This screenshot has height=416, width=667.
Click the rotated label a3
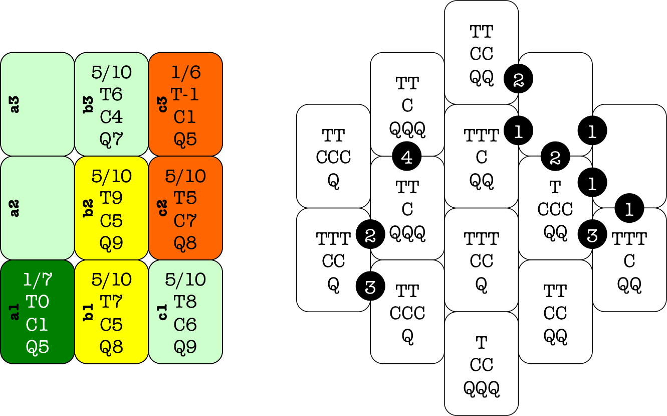(15, 104)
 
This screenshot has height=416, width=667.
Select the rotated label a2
(15, 208)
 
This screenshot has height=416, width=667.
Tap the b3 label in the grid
(89, 104)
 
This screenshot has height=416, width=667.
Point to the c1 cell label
(163, 312)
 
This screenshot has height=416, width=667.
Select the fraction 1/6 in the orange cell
(186, 73)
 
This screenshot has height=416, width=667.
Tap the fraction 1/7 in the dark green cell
(38, 280)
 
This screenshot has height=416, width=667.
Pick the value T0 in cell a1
(38, 302)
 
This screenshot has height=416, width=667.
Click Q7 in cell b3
(112, 138)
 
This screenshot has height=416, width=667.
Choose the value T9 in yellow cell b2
(112, 198)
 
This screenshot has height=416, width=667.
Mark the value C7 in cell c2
(185, 220)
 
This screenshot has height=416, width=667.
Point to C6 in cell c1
(185, 324)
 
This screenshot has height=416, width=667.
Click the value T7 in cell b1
(112, 302)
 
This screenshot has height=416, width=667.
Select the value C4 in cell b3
(112, 116)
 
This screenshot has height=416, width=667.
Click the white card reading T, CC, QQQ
(481, 364)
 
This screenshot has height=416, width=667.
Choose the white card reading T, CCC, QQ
(555, 208)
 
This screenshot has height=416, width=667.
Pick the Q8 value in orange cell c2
(185, 243)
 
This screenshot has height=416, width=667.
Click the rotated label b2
(89, 208)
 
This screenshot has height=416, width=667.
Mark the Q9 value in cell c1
(185, 346)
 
